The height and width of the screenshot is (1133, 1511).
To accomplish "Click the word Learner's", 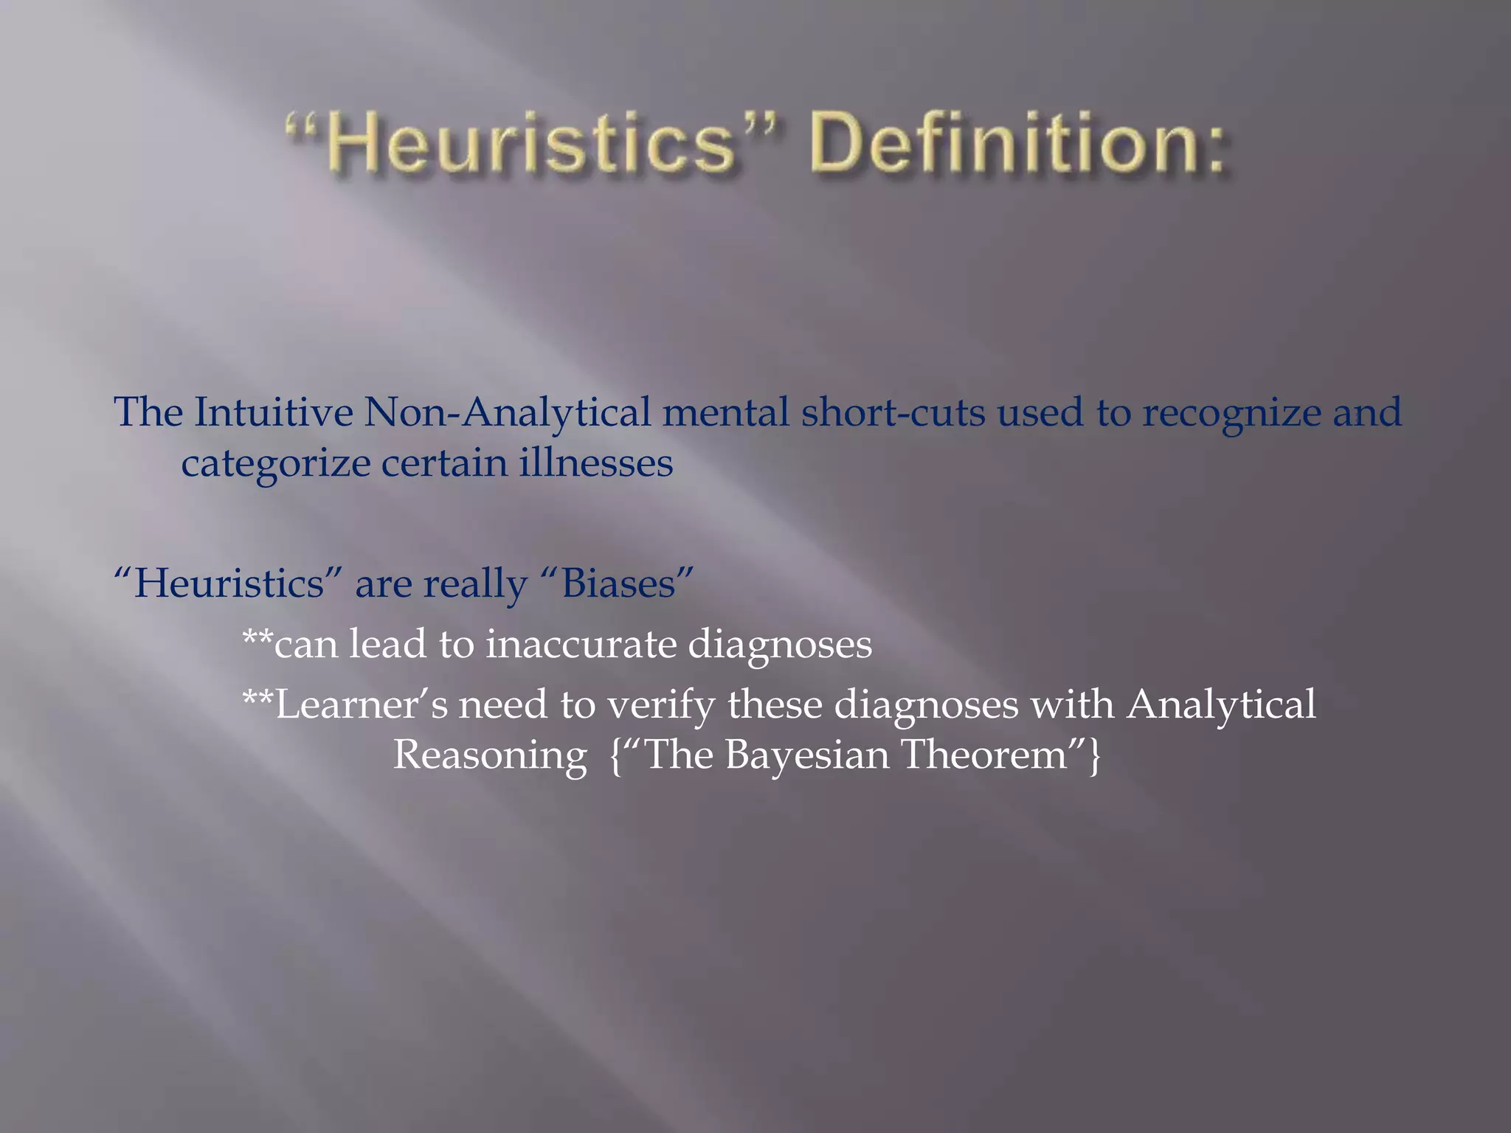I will pos(361,704).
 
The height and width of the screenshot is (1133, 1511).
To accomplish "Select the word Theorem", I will pos(985,755).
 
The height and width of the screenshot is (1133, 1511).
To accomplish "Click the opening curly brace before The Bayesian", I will pos(616,755).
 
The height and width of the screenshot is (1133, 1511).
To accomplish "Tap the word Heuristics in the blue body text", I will pos(229,583).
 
